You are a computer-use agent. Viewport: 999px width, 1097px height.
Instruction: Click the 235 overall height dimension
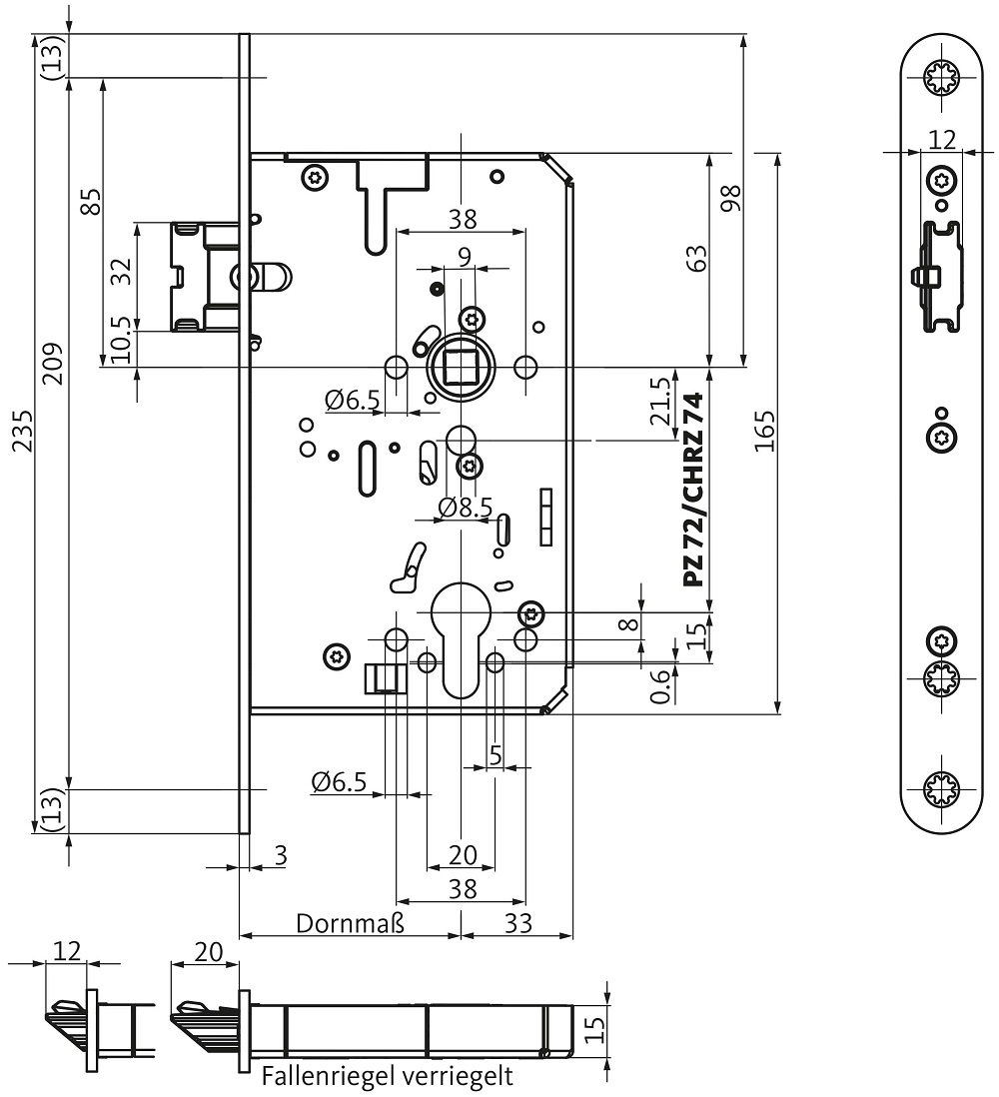(23, 431)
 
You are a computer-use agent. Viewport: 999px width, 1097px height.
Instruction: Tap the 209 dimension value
(53, 363)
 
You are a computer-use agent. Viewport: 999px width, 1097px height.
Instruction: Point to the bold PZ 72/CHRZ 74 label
(691, 490)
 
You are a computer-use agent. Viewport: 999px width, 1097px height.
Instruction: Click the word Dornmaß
(350, 923)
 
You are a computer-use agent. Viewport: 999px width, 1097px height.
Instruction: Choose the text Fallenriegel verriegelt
(388, 1075)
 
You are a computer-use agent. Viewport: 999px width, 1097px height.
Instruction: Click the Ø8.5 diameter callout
(466, 507)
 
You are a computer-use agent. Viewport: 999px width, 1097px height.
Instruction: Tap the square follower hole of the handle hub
(461, 366)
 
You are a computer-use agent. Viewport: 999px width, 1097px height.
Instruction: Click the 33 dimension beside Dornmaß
(518, 923)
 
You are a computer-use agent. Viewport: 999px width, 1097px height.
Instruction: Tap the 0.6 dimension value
(661, 686)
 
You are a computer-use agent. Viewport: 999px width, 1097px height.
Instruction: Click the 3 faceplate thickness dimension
(281, 855)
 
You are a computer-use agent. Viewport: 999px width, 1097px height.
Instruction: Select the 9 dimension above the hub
(465, 257)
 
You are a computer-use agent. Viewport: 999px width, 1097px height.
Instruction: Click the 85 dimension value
(91, 202)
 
